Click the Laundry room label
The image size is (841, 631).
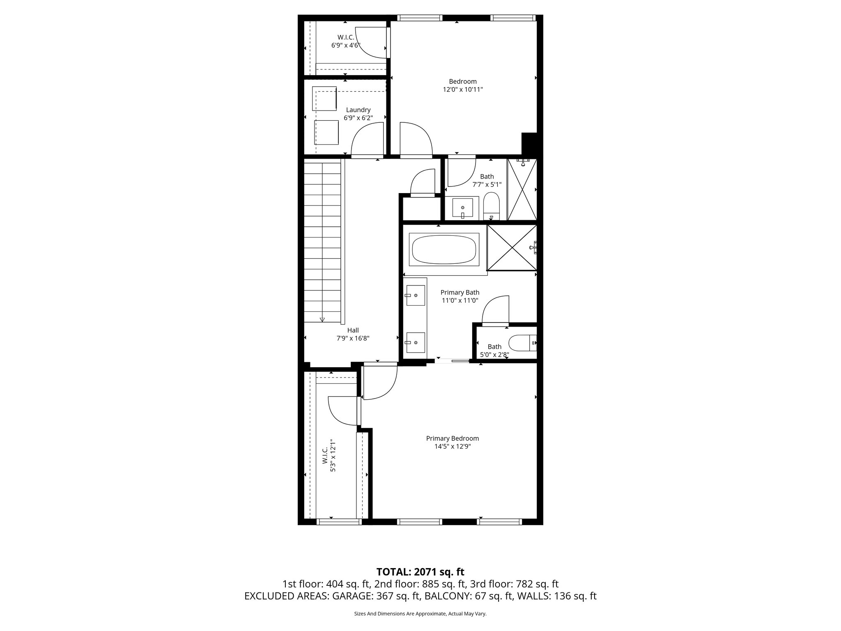pos(358,110)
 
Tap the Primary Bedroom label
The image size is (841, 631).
pos(452,438)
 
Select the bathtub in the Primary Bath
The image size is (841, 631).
pos(444,249)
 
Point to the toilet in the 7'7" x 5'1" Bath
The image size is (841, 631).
pos(491,205)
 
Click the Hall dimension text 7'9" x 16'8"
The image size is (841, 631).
pos(353,339)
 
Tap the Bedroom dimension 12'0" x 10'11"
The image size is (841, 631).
pos(462,90)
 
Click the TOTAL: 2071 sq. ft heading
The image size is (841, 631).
pos(420,572)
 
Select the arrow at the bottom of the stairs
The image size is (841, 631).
pos(322,319)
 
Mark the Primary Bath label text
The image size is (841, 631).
pos(460,292)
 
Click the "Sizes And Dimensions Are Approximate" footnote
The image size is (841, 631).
pos(420,614)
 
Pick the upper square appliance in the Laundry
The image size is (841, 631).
pos(324,98)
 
